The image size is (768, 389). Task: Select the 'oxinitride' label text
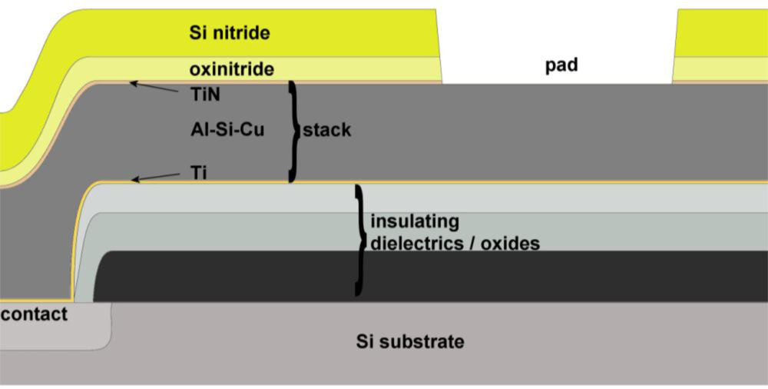[x=231, y=70]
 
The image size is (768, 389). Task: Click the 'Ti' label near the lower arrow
[x=199, y=174]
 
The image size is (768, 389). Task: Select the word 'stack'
[x=326, y=130]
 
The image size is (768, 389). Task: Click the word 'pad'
[x=561, y=66]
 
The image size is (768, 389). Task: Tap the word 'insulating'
[x=415, y=223]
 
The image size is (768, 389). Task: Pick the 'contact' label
[x=34, y=314]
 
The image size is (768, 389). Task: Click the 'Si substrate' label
[x=410, y=341]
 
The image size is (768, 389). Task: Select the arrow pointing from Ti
[x=158, y=178]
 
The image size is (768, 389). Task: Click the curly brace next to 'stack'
[x=292, y=131]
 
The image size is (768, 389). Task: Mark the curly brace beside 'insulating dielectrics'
[x=359, y=239]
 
